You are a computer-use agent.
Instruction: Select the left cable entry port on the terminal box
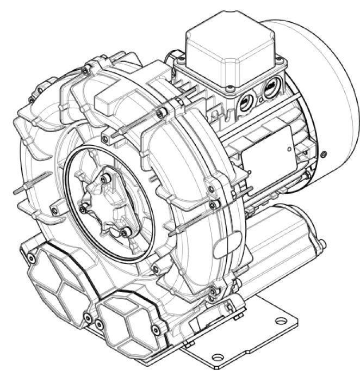click(x=245, y=100)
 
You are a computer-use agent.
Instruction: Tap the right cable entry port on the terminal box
click(x=270, y=88)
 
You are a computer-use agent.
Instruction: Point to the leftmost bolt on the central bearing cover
click(x=83, y=208)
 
